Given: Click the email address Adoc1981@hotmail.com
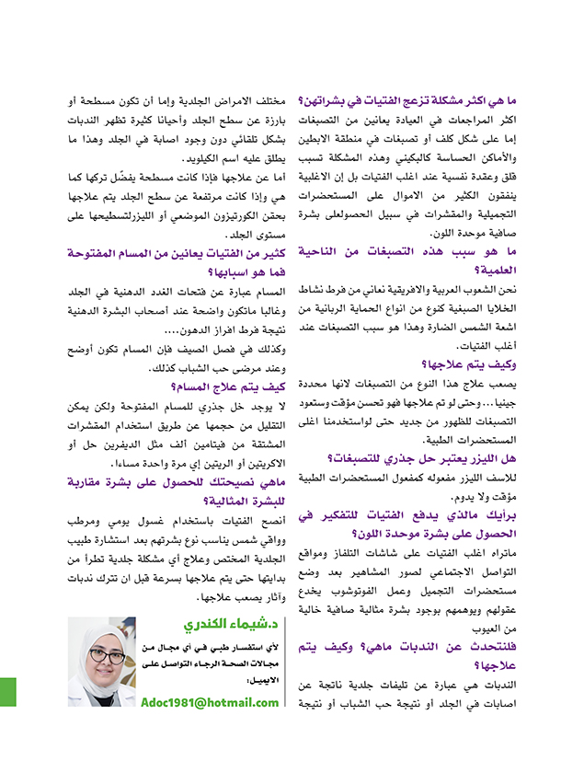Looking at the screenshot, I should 211,702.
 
